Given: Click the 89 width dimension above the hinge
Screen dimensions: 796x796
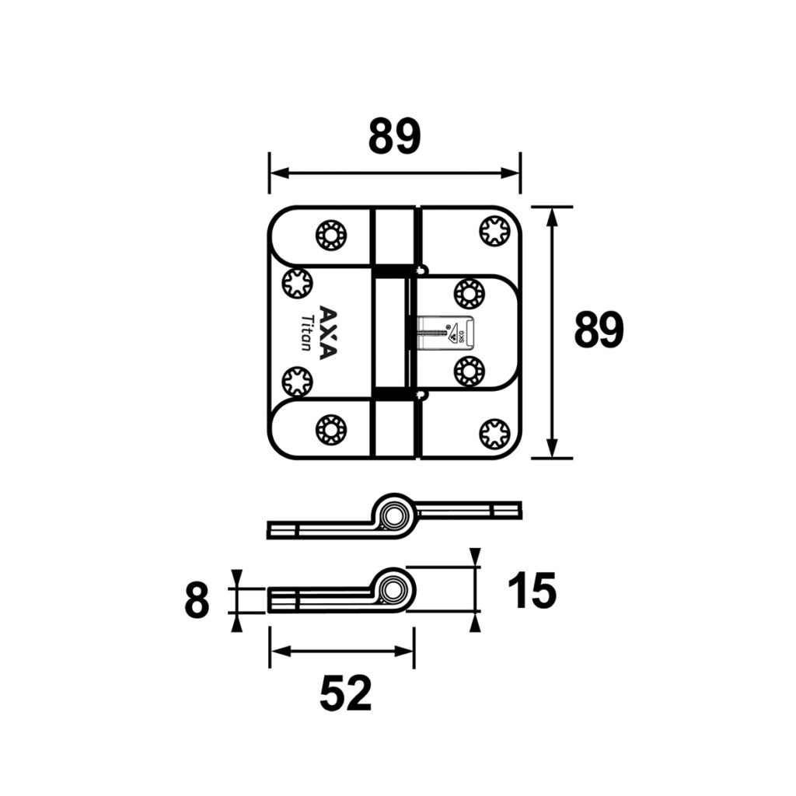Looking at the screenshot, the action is coord(395,137).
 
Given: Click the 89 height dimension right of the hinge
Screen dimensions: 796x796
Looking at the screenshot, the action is coord(599,330).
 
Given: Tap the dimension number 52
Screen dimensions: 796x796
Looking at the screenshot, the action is coord(346,693).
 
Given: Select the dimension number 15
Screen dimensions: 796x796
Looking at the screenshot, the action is coord(532,590).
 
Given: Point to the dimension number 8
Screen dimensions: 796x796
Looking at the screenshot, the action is coord(197,601).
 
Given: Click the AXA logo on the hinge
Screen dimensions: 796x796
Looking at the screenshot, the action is coord(327,332).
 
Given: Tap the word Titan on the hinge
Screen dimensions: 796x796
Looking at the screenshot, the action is coord(307,333).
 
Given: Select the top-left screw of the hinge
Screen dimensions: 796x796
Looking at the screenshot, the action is coord(331,235).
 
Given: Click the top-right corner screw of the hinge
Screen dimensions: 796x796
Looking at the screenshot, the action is coord(494,232).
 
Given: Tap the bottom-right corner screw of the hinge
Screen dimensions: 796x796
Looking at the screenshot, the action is coord(494,434).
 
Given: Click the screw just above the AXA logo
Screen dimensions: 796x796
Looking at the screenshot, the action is coord(297,284).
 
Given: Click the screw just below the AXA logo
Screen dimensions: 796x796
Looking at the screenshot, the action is coord(297,381).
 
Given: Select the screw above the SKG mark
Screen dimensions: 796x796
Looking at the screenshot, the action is coord(470,293).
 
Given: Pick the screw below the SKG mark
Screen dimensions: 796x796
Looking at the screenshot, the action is coord(470,372).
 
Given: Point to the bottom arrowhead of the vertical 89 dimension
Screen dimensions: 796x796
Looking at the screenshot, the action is coord(553,448).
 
